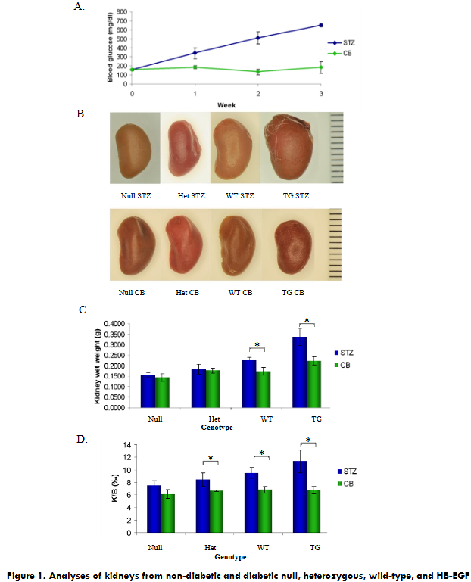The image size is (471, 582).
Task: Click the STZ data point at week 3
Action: pos(321,25)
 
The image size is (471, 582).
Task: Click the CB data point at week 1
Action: pos(195,67)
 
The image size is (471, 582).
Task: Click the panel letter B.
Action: pos(81,114)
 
